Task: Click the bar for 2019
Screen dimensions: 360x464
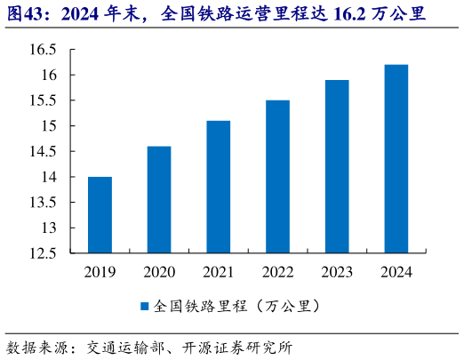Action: point(100,215)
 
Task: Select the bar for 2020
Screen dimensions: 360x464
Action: point(159,200)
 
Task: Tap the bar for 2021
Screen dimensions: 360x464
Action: point(218,187)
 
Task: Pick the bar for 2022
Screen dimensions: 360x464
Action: point(277,177)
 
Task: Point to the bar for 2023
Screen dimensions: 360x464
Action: point(336,167)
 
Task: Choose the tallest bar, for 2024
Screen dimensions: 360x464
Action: point(396,159)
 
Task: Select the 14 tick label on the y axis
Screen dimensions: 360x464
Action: point(50,177)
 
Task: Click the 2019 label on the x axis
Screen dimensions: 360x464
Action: point(100,271)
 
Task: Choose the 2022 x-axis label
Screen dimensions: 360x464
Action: point(277,271)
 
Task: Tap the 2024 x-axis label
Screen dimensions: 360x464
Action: point(396,271)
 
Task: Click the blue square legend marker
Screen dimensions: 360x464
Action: point(144,306)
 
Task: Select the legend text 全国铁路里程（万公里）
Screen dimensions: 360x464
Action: point(236,306)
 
